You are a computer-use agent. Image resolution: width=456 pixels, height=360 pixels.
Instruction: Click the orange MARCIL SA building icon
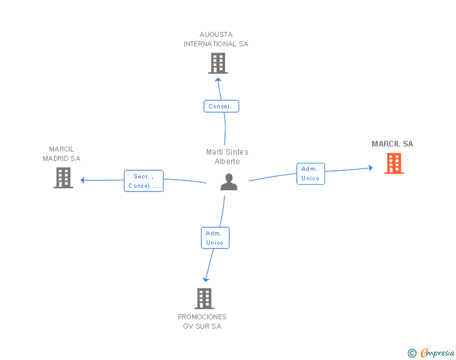394,163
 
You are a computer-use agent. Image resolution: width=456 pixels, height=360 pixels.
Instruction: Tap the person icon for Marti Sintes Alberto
229,182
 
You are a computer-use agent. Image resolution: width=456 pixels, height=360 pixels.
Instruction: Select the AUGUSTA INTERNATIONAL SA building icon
218,63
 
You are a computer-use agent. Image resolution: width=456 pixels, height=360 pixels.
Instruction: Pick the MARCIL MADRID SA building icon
63,178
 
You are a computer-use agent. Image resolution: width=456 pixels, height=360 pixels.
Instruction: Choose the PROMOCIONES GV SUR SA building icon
204,299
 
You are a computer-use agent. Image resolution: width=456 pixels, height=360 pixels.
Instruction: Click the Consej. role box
221,106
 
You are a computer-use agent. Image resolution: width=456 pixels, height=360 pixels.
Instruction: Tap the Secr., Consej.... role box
143,181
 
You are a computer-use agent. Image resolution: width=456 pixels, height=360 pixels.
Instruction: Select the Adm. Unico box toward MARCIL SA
311,173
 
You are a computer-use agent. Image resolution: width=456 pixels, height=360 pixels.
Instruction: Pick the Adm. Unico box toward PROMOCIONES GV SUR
215,238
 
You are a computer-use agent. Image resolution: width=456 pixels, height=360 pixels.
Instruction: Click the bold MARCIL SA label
392,144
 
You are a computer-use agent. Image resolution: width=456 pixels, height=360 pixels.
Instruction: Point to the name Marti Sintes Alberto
227,157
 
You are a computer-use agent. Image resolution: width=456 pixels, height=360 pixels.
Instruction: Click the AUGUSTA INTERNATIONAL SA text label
215,39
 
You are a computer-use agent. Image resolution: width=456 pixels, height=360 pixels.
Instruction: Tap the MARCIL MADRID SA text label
61,154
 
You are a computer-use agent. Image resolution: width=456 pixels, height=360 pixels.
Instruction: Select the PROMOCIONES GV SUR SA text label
202,321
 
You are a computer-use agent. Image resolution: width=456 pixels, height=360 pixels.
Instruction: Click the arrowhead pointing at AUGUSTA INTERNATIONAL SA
218,80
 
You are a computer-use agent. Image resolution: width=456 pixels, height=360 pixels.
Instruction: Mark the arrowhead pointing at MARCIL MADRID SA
83,180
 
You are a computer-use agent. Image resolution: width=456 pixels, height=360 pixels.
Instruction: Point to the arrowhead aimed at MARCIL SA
371,168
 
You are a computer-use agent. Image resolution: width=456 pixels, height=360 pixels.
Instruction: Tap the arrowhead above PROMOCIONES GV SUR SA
206,280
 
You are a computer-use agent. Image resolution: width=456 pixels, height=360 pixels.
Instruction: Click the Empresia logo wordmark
437,352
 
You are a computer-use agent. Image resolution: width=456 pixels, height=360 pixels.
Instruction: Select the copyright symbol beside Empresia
412,353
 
